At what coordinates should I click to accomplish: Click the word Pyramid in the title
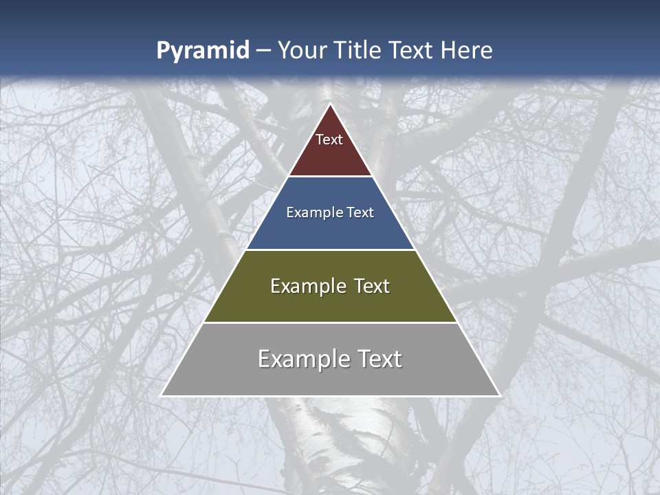(202, 51)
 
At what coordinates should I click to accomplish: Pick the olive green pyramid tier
(330, 302)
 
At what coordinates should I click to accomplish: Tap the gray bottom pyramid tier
(330, 378)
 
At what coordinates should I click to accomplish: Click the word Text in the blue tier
(360, 213)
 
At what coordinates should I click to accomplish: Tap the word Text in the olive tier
(372, 286)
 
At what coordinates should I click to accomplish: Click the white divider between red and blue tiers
(330, 176)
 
